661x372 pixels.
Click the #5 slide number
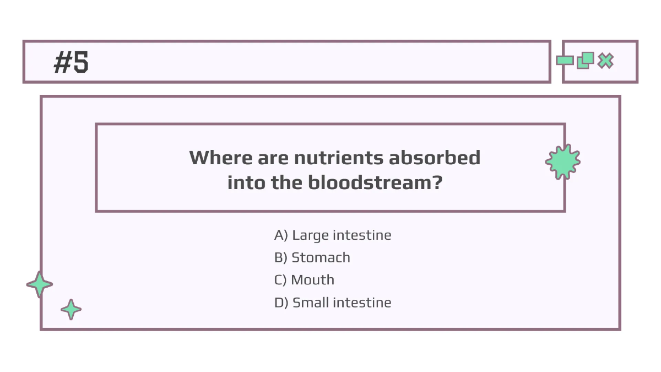pos(71,62)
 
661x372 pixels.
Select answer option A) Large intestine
pos(333,235)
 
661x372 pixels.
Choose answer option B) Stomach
pos(312,257)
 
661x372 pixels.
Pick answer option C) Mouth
pos(304,280)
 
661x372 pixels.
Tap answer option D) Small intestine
pos(333,303)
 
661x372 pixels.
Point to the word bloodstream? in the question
pos(375,182)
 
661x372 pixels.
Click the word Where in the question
pos(220,158)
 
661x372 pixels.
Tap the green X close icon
pos(606,61)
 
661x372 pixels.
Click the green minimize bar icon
pos(565,61)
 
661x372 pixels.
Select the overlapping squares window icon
pos(585,60)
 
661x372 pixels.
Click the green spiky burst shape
pos(562,162)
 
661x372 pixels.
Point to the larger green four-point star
pos(40,285)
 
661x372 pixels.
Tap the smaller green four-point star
pos(71,310)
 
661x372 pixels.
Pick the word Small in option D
pos(311,303)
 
